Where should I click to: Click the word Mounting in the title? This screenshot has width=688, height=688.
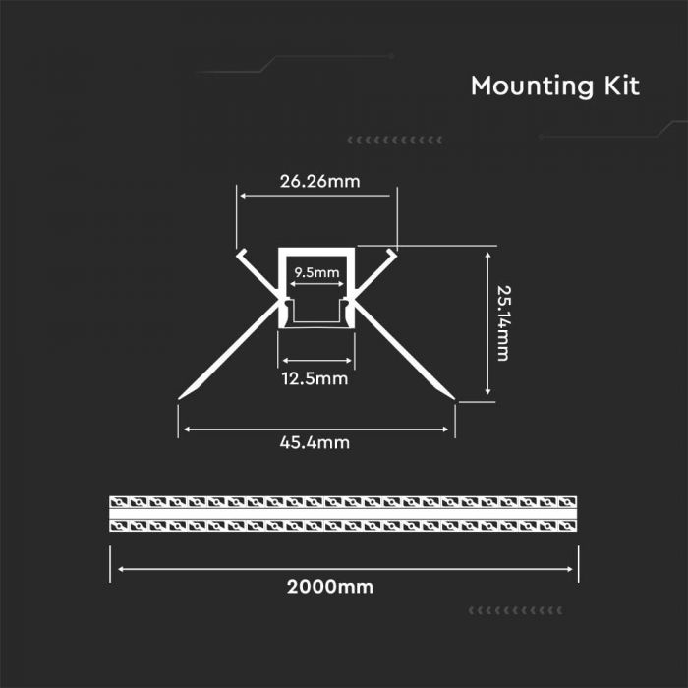529,86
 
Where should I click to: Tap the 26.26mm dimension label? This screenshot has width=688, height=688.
320,181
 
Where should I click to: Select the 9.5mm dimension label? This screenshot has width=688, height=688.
316,272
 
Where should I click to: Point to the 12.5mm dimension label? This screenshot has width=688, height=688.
316,377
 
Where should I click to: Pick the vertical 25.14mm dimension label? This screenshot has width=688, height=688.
502,322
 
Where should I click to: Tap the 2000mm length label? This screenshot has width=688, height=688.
330,588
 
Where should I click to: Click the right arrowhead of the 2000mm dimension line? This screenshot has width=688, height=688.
572,568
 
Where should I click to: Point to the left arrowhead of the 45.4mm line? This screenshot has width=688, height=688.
184,430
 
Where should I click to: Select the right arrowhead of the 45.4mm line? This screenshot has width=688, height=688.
452,430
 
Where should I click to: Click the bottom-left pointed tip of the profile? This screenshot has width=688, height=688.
180,399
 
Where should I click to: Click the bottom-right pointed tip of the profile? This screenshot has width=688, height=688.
456,399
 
